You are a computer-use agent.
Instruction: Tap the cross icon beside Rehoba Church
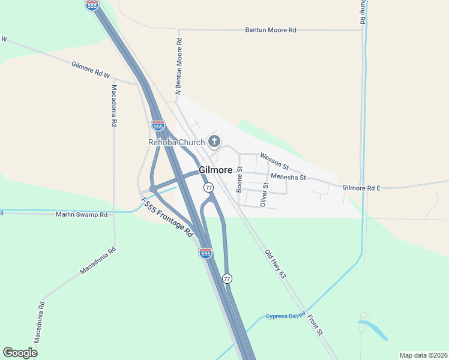[x=214, y=142]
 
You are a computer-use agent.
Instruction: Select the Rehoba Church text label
[x=176, y=142]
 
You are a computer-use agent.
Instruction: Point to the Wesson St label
[x=274, y=160]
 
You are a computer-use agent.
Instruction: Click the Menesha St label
[x=288, y=177]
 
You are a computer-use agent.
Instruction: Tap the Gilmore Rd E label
[x=361, y=188]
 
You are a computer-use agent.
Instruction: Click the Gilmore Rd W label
[x=91, y=70]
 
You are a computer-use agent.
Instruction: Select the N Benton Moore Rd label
[x=178, y=66]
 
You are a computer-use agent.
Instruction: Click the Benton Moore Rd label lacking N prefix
[x=271, y=29]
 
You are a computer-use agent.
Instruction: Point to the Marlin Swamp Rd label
[x=82, y=214]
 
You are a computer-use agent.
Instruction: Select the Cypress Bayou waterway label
[x=286, y=316]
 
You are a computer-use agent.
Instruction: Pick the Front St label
[x=315, y=323]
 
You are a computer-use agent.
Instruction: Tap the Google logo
[x=20, y=353]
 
